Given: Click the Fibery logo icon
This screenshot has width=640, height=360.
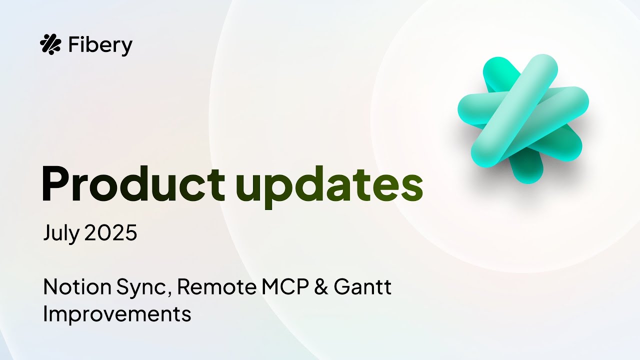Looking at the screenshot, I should point(50,44).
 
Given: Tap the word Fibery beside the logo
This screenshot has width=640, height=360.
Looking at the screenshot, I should point(100,45).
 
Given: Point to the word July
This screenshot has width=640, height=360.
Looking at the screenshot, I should point(60,233).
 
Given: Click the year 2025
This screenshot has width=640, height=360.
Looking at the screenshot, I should point(111,233).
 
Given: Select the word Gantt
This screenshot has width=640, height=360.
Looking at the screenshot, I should point(362,287).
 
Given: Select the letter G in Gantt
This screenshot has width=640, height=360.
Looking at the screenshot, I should point(341,287).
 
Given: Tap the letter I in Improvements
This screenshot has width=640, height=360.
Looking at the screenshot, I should point(46,313).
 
